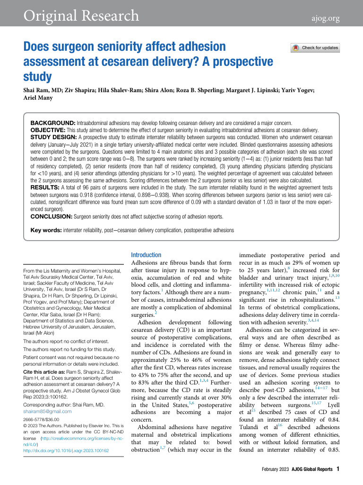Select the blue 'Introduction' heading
point(146,255)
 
